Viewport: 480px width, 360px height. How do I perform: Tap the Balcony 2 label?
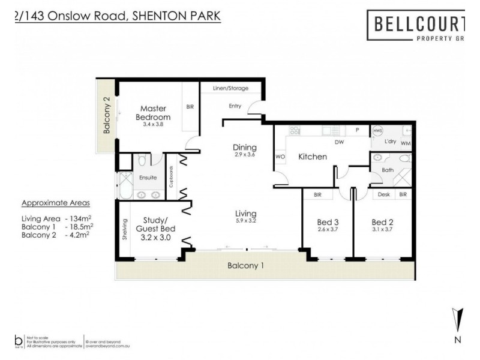point(106,115)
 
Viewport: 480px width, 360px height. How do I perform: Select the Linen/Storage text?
point(230,88)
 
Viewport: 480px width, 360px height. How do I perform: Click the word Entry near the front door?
point(235,106)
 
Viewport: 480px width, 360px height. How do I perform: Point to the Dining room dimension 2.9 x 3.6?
point(245,155)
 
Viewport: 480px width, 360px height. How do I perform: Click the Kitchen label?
point(313,157)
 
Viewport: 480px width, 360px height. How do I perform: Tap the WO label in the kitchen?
point(279,157)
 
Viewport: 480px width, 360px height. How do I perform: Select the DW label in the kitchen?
point(339,143)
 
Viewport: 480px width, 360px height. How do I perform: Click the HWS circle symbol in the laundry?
point(378,130)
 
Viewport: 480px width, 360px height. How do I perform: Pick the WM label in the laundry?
point(406,143)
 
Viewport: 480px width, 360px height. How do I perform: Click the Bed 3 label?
point(328,222)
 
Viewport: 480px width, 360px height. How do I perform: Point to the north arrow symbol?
point(458,318)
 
